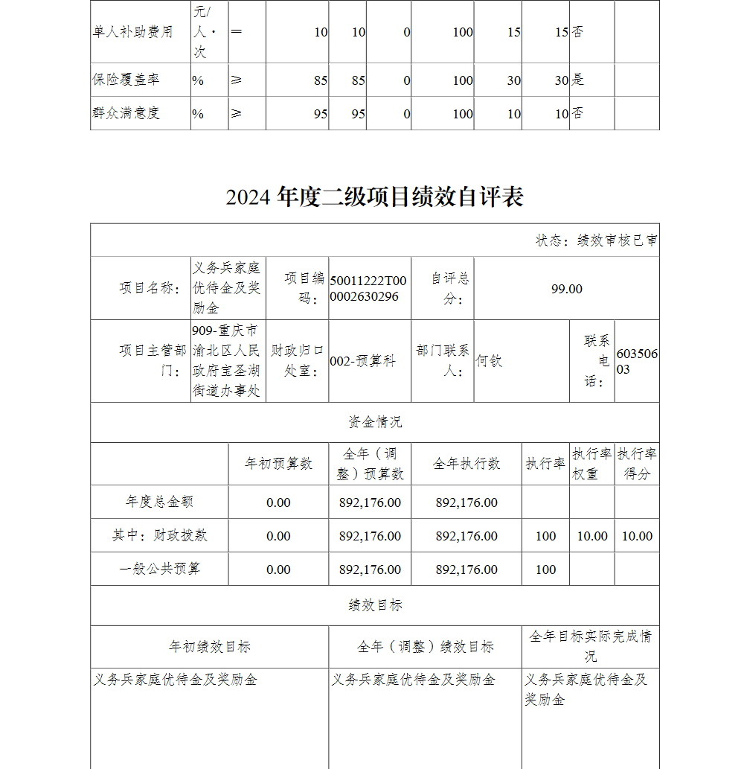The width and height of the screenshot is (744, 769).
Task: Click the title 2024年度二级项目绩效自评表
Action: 374,197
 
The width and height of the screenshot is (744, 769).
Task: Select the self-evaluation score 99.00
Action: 566,289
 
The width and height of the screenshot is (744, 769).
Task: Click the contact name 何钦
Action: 489,361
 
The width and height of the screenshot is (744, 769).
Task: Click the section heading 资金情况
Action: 375,422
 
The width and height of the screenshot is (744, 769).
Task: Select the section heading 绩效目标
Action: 375,605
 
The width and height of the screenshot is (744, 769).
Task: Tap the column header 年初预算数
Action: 278,464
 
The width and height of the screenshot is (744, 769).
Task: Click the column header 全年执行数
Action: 466,464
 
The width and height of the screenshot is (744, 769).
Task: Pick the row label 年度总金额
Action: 159,502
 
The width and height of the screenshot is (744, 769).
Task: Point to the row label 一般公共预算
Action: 159,569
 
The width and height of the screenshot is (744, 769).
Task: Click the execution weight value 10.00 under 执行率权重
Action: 592,536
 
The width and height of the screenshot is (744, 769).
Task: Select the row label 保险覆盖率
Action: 126,80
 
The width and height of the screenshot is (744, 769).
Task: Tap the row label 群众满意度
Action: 126,114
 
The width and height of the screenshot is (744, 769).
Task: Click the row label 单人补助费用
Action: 132,32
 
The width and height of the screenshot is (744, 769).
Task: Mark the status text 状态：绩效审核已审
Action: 597,240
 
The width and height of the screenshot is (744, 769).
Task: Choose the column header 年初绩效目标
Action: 209,647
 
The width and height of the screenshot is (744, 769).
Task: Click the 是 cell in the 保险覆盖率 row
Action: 577,80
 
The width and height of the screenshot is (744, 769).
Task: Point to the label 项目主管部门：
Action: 153,360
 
